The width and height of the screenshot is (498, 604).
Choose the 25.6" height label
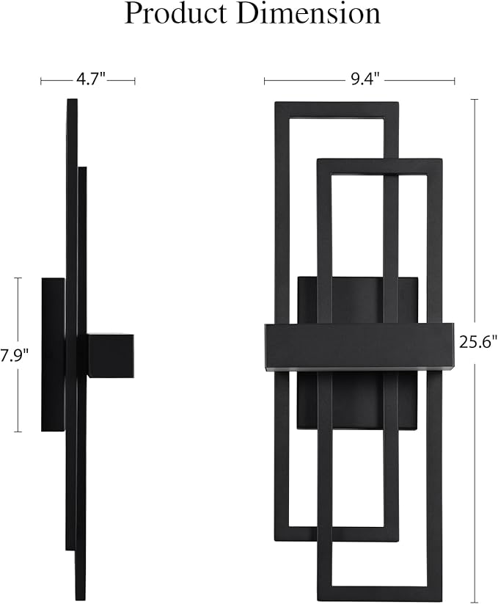click(x=476, y=341)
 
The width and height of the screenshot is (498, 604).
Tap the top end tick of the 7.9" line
click(x=18, y=278)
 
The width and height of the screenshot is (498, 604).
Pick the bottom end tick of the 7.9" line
click(x=18, y=432)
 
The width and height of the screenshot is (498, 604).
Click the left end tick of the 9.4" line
click(x=265, y=81)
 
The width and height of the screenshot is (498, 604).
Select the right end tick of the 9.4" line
click(x=454, y=81)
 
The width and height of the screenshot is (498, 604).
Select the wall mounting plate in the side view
click(x=53, y=354)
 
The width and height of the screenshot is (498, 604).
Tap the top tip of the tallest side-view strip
click(x=71, y=101)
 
